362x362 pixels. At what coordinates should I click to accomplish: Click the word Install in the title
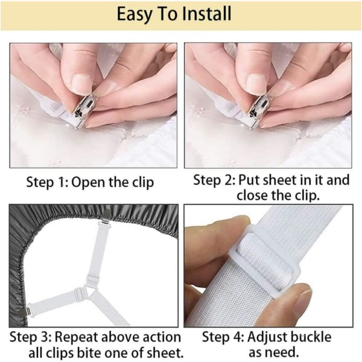[x=206, y=14]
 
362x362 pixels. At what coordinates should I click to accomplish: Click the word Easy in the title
[x=134, y=14]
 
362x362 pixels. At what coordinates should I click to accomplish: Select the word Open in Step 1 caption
[x=89, y=183]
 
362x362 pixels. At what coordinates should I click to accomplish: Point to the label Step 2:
[x=214, y=180]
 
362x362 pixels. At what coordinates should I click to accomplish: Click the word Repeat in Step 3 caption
[x=77, y=337]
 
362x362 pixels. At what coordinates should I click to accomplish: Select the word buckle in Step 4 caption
[x=311, y=337]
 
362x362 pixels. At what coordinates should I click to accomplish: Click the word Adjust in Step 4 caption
[x=266, y=337]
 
